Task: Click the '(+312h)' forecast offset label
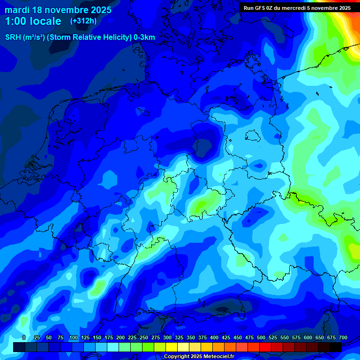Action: point(83,21)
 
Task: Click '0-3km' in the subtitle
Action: point(144,37)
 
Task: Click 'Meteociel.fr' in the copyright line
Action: point(218,357)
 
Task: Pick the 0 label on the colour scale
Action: point(24,337)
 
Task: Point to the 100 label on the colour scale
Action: point(74,337)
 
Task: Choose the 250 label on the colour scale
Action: point(144,337)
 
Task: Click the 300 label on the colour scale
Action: point(167,337)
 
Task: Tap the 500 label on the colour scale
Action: point(261,337)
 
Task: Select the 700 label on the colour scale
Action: point(343,337)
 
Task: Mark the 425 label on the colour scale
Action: point(226,337)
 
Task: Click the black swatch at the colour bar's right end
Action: point(336,347)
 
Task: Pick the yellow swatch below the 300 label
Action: point(172,347)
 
